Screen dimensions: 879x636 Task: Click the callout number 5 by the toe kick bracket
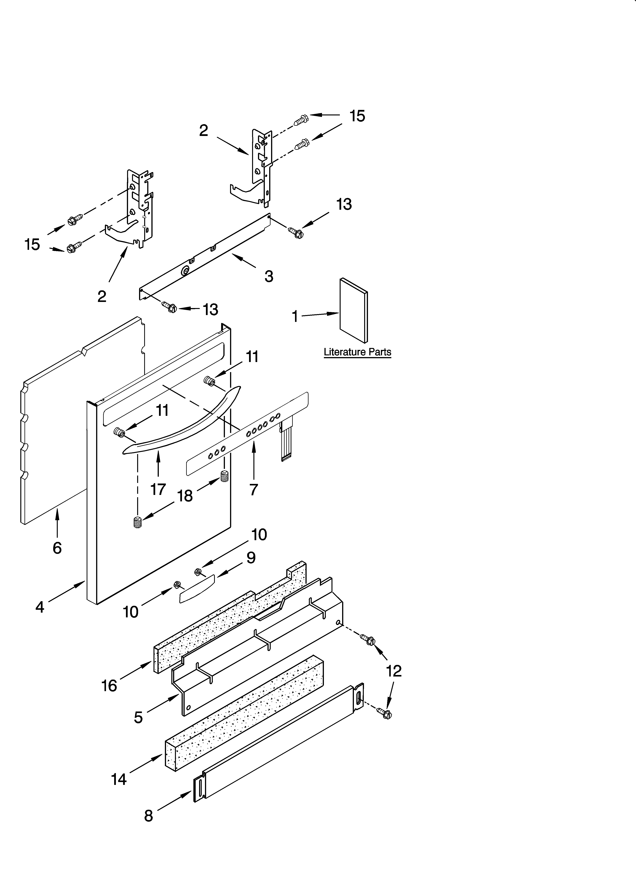click(x=138, y=717)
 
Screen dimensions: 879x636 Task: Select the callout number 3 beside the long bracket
click(x=269, y=276)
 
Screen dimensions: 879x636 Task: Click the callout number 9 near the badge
click(x=251, y=558)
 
